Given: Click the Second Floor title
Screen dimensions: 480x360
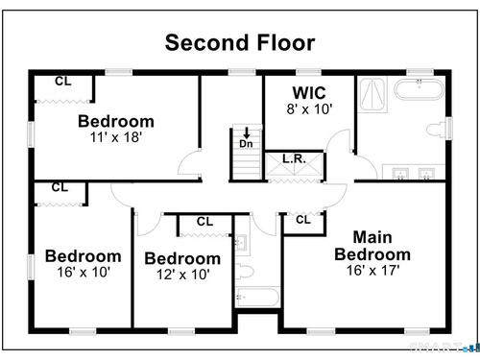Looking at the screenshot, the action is click(x=240, y=43).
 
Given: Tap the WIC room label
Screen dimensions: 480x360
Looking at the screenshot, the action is click(x=309, y=93).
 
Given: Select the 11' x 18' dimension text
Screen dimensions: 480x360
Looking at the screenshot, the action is click(x=116, y=137).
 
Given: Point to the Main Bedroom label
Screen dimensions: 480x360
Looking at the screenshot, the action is click(x=372, y=246).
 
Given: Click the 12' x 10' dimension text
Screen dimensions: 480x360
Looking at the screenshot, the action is click(x=183, y=275).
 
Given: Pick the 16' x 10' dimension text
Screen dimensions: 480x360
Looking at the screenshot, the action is click(x=84, y=273).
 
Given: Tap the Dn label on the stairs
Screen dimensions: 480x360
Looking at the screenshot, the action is click(x=246, y=144).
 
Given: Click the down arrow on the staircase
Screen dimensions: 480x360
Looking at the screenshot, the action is click(x=247, y=132).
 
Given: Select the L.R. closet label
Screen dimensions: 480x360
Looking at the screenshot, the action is click(x=294, y=158).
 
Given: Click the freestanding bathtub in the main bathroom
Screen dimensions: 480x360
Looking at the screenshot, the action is click(x=420, y=89).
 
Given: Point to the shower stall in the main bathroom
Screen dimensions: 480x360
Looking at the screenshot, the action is click(x=372, y=95).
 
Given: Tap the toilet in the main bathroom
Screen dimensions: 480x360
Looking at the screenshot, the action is click(x=437, y=130).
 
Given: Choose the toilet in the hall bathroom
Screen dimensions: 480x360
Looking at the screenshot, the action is click(x=245, y=272).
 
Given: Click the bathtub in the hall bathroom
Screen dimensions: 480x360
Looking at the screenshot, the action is click(x=258, y=298).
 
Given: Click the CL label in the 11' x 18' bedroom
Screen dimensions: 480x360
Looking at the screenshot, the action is click(x=63, y=82).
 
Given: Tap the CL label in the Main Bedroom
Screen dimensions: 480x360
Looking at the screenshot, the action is click(x=303, y=220).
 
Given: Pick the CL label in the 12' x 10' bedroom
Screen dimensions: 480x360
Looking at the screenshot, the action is click(x=204, y=222).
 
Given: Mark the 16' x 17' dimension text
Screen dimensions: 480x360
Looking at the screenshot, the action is click(x=373, y=271).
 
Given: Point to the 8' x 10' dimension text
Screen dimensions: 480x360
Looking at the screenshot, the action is click(x=309, y=109).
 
